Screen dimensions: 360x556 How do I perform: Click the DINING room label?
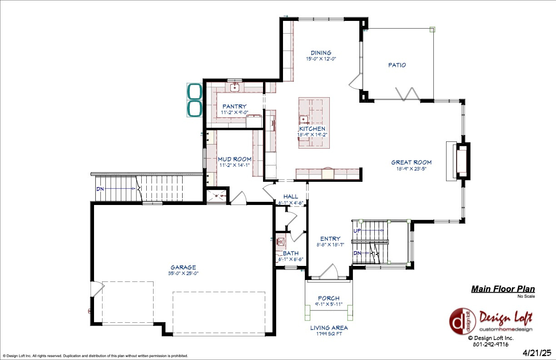point(321,53)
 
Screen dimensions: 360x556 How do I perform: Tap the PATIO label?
point(397,65)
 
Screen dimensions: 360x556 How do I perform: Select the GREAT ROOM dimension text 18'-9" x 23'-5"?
point(411,169)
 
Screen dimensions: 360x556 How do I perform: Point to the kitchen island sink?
point(303,120)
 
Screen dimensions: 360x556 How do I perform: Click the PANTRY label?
point(234,106)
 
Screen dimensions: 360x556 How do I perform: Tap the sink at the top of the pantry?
point(235,87)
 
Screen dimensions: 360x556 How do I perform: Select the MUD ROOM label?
point(234,159)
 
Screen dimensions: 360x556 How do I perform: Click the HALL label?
point(291,196)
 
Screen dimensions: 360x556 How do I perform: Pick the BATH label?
point(290,253)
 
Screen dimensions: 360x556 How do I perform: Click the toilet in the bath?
point(280,241)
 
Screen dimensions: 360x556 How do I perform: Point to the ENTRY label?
point(330,239)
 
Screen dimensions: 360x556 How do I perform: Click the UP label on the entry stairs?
point(358,230)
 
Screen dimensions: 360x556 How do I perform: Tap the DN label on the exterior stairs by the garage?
point(100,188)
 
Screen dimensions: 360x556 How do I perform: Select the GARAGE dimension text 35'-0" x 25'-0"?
point(183,273)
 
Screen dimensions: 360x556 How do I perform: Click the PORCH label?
point(328,298)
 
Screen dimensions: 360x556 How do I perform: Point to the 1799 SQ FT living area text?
point(329,334)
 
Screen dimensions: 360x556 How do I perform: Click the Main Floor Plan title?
point(502,289)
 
